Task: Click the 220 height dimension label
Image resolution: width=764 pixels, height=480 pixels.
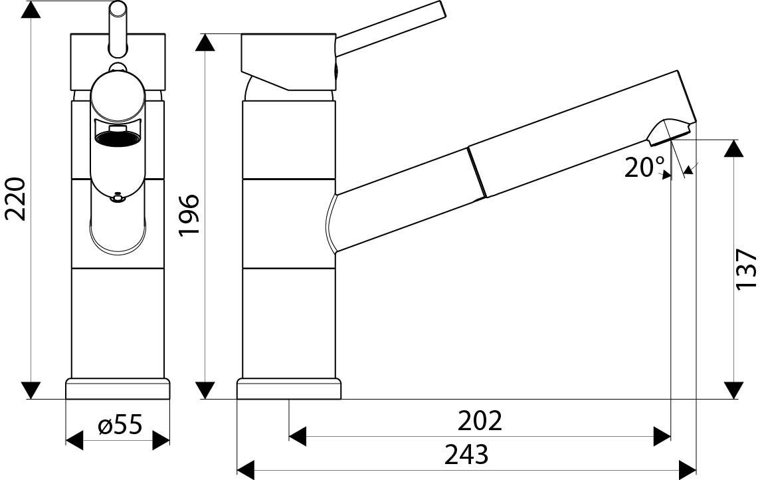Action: [15, 199]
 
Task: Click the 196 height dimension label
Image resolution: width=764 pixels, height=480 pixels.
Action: [189, 214]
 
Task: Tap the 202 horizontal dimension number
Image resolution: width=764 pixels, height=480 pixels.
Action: [480, 420]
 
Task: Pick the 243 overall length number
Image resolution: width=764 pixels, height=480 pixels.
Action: [466, 455]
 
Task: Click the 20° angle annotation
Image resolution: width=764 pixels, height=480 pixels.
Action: [644, 167]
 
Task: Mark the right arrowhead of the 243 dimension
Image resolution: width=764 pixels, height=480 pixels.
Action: [687, 469]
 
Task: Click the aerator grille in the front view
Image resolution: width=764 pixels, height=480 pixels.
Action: [118, 138]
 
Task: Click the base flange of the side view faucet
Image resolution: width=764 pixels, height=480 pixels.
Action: [289, 389]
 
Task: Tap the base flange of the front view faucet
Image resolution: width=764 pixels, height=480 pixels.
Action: [118, 389]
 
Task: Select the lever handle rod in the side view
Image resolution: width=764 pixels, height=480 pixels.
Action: [389, 30]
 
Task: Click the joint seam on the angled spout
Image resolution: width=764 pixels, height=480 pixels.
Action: [476, 173]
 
